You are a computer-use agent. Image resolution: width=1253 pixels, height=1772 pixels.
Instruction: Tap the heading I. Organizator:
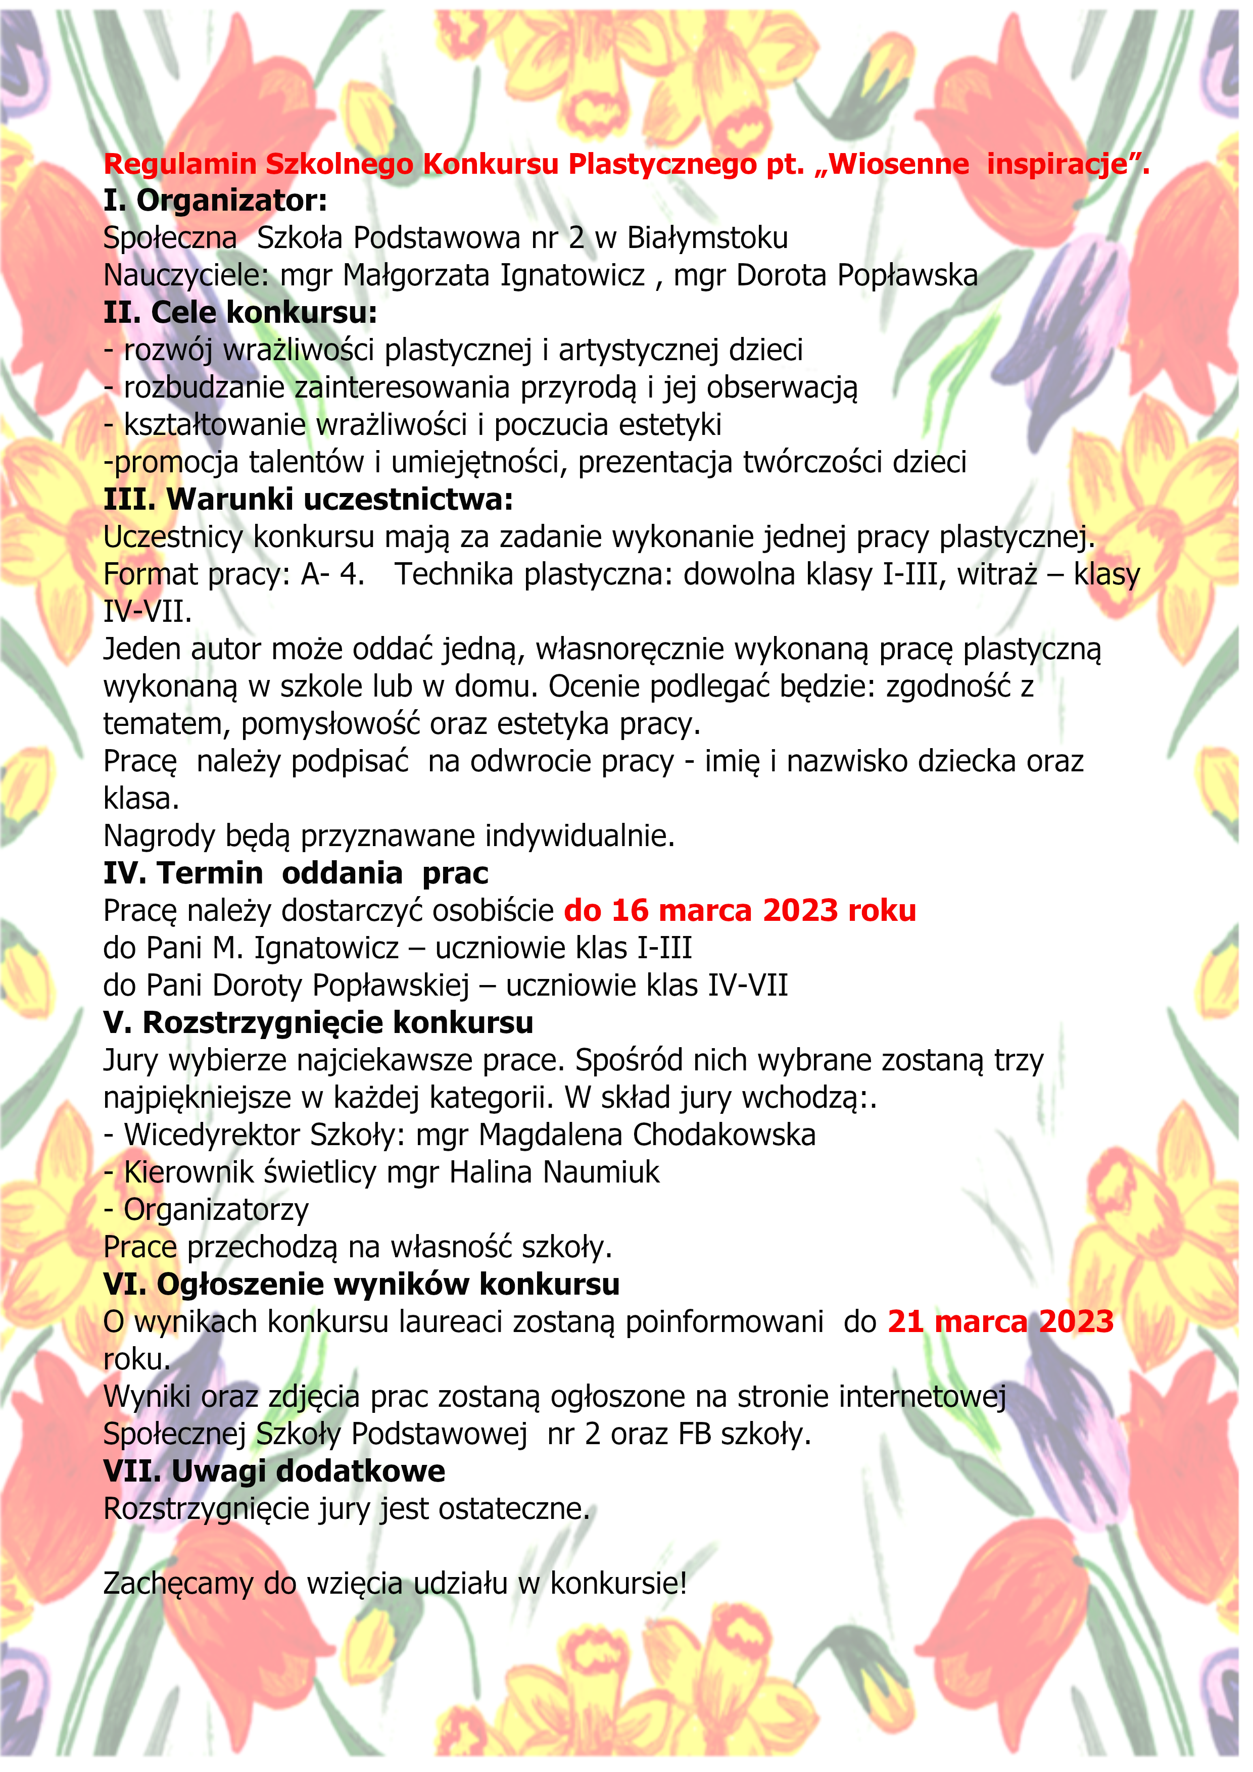215,201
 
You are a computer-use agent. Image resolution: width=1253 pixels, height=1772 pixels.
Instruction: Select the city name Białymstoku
707,238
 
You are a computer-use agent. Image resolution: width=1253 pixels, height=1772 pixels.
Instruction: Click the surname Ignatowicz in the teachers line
572,275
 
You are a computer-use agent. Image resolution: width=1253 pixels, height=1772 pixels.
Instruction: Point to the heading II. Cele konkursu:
240,313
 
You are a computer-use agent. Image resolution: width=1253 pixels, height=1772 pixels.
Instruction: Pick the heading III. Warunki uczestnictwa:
308,500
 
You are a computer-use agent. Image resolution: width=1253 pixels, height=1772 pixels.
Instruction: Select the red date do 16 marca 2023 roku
740,911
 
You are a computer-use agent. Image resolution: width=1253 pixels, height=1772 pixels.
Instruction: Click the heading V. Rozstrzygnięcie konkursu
318,1022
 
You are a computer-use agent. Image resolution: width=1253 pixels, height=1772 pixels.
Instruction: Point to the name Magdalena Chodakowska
647,1135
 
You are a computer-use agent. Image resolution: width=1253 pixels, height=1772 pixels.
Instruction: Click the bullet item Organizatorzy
216,1209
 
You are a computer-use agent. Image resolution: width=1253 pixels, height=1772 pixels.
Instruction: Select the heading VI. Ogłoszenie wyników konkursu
361,1284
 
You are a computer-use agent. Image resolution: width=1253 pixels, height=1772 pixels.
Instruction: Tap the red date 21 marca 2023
1000,1322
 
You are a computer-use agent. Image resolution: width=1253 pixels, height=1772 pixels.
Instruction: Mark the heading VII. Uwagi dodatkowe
274,1471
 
